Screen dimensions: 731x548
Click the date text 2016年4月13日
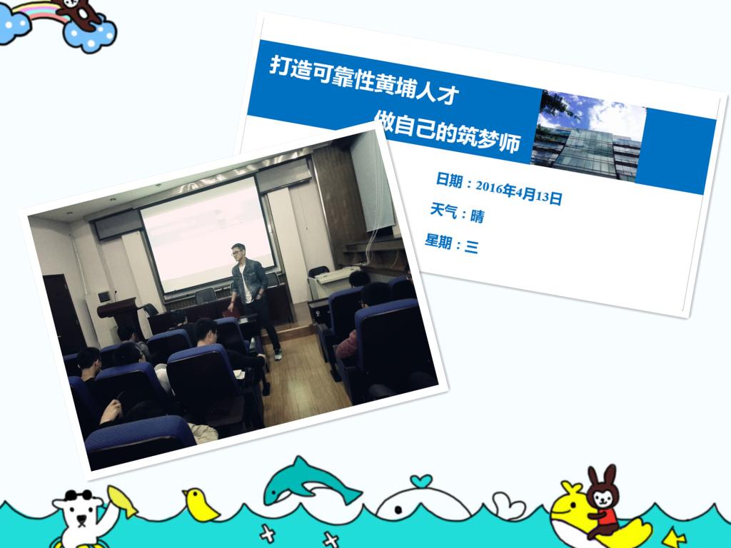tap(518, 192)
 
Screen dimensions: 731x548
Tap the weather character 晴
tap(477, 216)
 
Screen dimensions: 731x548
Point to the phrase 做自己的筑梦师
tap(447, 131)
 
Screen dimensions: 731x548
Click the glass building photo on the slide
tap(589, 135)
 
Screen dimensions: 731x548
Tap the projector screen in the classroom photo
tap(208, 234)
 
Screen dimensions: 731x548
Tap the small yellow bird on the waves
tap(201, 505)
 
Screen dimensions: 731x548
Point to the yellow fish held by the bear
tap(121, 502)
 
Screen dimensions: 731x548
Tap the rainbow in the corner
tap(41, 12)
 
